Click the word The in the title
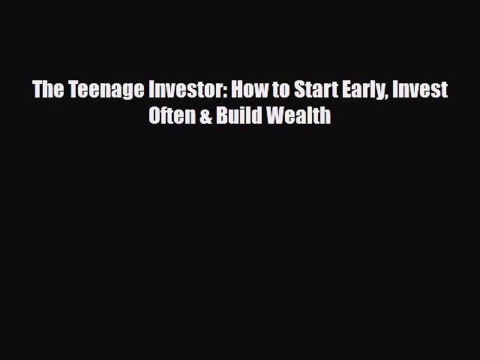coord(47,90)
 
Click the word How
coord(248,90)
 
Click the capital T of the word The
coord(37,90)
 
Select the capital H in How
coord(237,90)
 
